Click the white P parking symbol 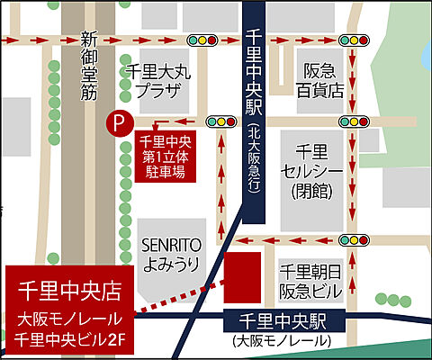(115, 121)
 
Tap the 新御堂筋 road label (87, 65)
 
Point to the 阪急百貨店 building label (322, 80)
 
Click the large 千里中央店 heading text (70, 291)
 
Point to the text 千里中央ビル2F (70, 339)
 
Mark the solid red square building (242, 277)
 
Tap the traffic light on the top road (202, 40)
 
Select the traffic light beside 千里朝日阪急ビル (354, 239)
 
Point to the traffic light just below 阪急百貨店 (354, 121)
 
